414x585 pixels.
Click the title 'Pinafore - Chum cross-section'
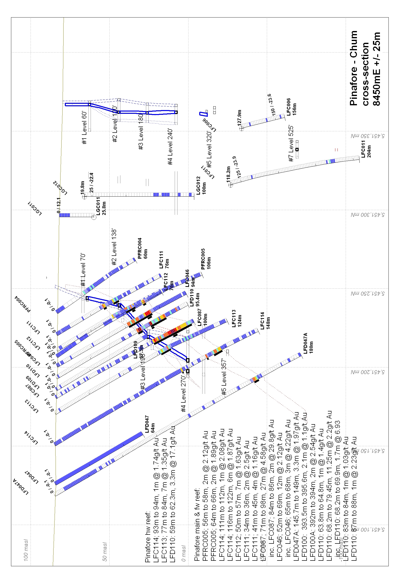[x=365, y=68]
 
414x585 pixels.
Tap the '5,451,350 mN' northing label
[x=367, y=136]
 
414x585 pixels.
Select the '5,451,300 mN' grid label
[x=367, y=215]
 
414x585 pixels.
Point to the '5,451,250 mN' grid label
[x=367, y=294]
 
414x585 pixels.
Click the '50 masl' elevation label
[x=105, y=552]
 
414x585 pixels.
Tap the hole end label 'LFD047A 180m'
[x=308, y=343]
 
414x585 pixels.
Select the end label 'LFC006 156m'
[x=291, y=107]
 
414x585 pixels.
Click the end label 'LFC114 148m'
[x=265, y=321]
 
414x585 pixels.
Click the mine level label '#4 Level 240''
[x=170, y=147]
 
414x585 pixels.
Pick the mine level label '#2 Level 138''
[x=114, y=247]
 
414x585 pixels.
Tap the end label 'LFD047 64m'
[x=150, y=424]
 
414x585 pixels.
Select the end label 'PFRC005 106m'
[x=206, y=259]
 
